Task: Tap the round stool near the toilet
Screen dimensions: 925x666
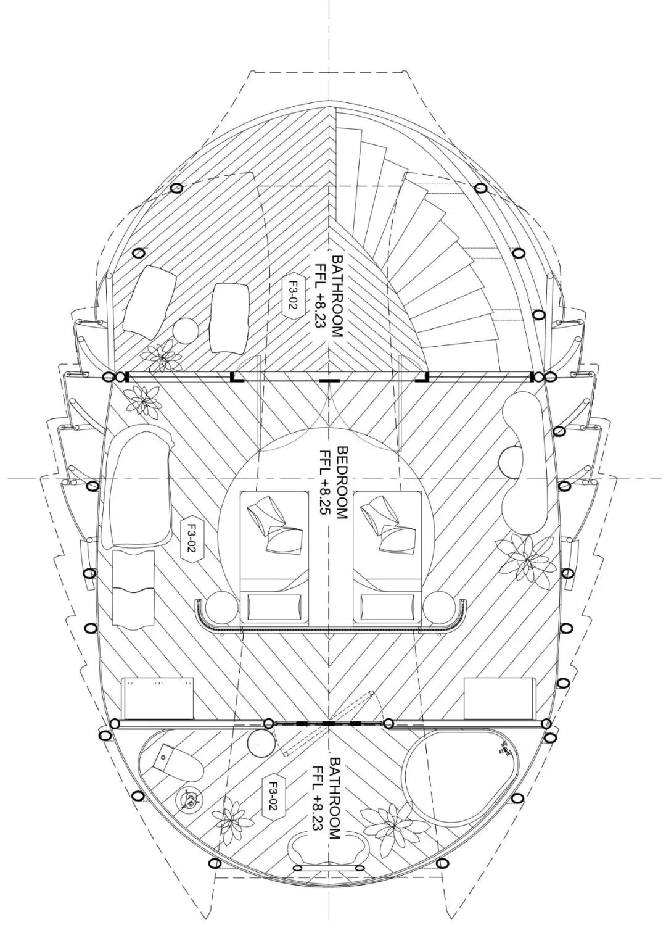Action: tap(260, 742)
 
